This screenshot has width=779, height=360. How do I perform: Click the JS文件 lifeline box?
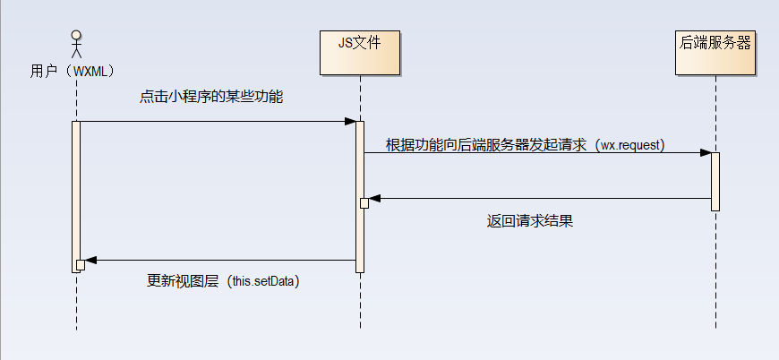pos(360,53)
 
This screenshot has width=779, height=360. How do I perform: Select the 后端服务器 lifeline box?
pos(715,53)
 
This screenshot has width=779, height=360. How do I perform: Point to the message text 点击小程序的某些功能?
pos(211,96)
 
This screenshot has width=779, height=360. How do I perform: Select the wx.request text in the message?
pos(631,145)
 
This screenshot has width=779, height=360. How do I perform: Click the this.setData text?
pos(262,281)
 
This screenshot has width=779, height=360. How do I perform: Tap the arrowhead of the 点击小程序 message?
pos(350,121)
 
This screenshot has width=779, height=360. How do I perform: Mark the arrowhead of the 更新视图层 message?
pos(90,261)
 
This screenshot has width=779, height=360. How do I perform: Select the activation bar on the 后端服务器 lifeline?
pos(715,181)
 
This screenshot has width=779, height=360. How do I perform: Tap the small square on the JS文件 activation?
pos(364,203)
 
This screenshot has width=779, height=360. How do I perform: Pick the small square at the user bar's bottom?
pos(80,264)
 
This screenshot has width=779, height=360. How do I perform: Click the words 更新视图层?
pos(183,281)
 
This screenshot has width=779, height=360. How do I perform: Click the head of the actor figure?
pos(76,36)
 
